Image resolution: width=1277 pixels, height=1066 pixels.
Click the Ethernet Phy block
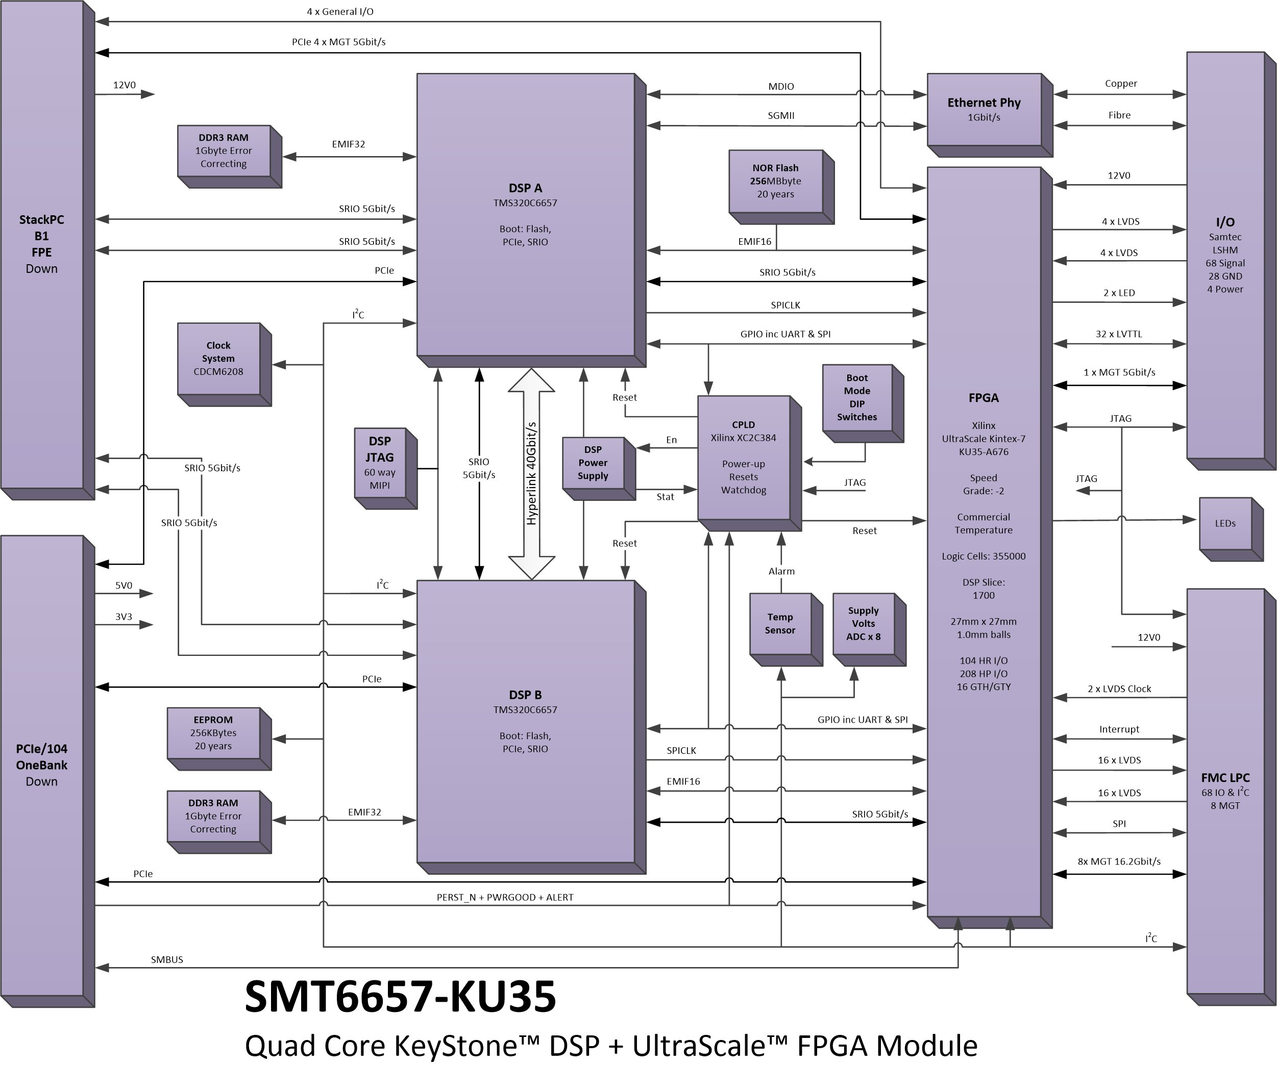(x=989, y=115)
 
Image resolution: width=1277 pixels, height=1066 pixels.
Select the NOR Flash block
(x=781, y=187)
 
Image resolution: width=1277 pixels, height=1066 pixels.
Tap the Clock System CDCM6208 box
(x=224, y=364)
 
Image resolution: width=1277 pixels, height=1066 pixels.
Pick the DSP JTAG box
(x=385, y=468)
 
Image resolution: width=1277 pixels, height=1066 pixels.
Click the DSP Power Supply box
(x=598, y=469)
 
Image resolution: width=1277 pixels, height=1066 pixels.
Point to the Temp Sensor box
(x=785, y=629)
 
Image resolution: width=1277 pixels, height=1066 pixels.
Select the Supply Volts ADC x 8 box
(x=869, y=629)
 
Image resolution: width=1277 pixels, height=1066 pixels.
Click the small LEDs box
(x=1231, y=529)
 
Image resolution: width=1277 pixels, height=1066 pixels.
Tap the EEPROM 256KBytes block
(x=219, y=739)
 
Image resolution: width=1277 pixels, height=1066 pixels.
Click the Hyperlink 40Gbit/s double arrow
(x=531, y=473)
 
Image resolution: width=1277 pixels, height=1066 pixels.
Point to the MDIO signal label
(x=781, y=86)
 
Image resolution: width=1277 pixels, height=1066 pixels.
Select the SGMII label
(x=781, y=115)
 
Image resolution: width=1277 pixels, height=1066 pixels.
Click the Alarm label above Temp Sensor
(x=781, y=571)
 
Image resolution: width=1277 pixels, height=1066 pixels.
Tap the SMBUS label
(x=166, y=959)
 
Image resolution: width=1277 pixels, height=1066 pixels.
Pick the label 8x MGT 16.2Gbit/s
(x=1119, y=861)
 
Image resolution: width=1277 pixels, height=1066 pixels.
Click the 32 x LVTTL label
(x=1119, y=334)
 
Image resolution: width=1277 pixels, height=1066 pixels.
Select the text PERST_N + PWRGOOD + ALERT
(x=505, y=897)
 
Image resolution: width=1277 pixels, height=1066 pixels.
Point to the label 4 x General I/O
(x=340, y=12)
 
